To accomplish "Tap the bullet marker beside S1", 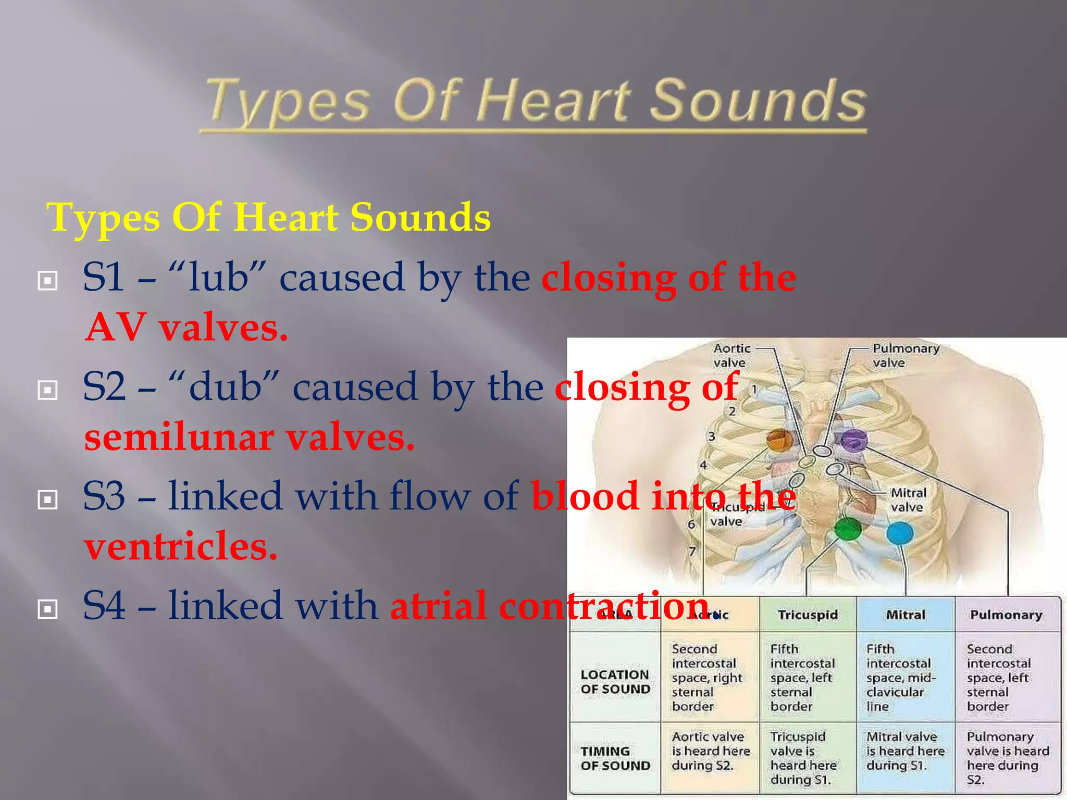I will (47, 281).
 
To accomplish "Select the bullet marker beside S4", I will (47, 609).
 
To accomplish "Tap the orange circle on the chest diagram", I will (779, 440).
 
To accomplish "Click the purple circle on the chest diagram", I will (853, 441).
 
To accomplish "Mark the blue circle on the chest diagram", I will (900, 533).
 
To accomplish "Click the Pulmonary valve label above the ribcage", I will (905, 355).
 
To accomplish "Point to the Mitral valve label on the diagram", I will (908, 500).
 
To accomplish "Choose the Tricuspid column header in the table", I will (808, 615).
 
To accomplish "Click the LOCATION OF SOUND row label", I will (615, 682).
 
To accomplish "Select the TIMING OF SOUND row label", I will (615, 758).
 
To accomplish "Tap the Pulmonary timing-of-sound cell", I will (1007, 758).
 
